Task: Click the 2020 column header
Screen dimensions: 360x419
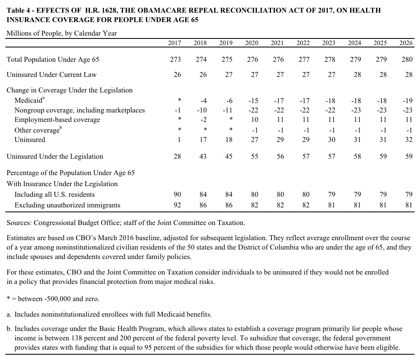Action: point(251,43)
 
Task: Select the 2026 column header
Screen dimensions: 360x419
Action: point(406,43)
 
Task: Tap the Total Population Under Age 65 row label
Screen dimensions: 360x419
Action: point(53,60)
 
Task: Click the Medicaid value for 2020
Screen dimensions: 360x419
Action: point(253,101)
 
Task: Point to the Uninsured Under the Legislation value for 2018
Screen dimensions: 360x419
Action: point(203,157)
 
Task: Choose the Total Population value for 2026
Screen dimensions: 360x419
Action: point(407,60)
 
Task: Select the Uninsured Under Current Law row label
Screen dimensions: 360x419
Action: point(52,75)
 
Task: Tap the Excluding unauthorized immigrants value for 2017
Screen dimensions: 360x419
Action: point(177,205)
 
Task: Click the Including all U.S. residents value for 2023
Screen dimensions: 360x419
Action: point(332,195)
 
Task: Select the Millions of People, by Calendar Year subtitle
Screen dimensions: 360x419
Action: point(62,33)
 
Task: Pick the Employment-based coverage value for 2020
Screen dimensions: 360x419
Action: point(254,120)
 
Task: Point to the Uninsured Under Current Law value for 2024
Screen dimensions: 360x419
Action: point(357,75)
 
